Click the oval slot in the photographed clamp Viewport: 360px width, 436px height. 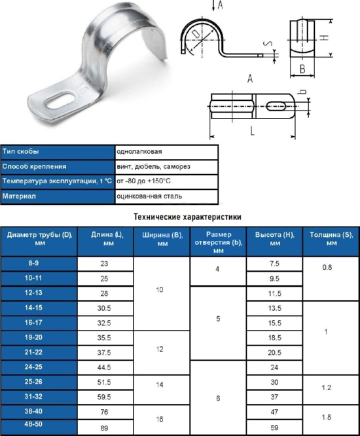(x=60, y=100)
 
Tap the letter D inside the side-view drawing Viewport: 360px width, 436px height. (x=196, y=34)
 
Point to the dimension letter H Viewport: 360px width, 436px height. (x=324, y=37)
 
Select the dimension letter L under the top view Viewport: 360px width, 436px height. (x=252, y=130)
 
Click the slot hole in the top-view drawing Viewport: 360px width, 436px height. (x=276, y=106)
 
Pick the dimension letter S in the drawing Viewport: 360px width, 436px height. (x=268, y=43)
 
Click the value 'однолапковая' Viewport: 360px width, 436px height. (x=139, y=152)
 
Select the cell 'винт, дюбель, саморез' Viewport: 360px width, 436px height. (x=153, y=166)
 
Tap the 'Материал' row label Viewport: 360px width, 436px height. (x=19, y=196)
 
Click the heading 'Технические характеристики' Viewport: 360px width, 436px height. (x=188, y=217)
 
